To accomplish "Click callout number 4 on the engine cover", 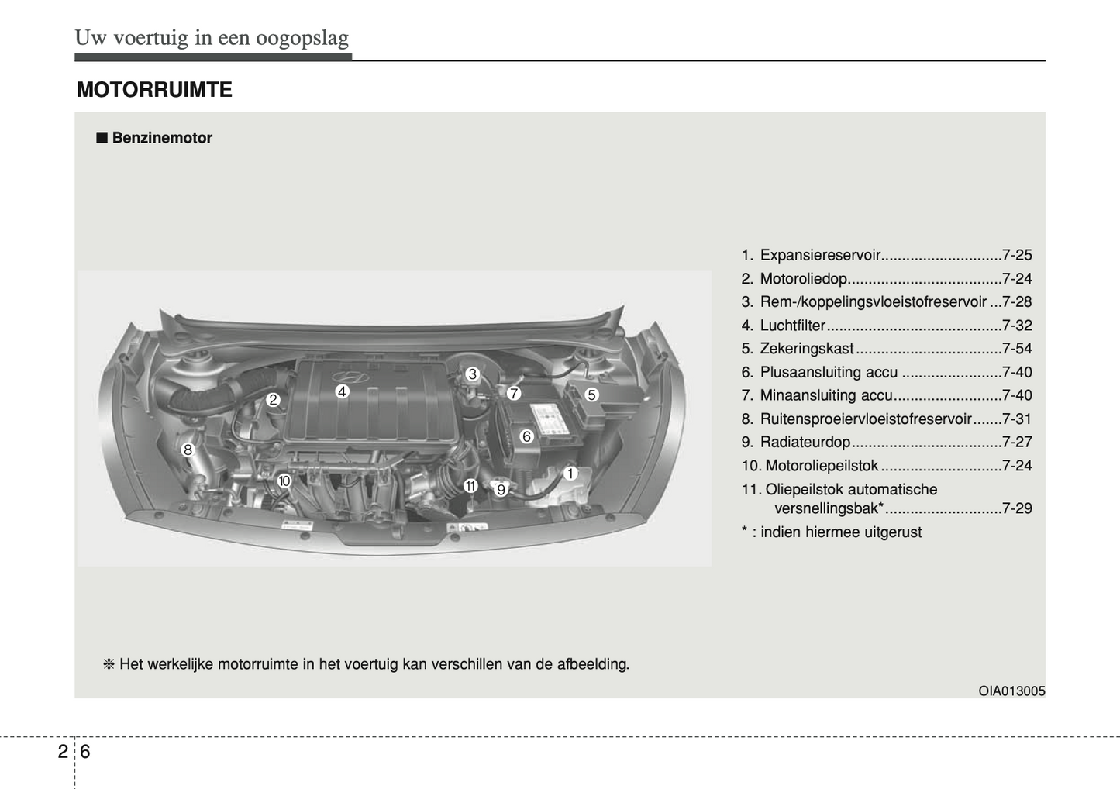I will point(342,391).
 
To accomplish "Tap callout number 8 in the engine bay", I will point(188,450).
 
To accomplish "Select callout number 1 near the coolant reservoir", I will point(570,474).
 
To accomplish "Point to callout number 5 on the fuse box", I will point(591,394).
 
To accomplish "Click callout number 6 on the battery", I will point(526,436).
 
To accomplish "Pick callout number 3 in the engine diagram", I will point(472,374).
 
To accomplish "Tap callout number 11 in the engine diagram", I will point(470,486).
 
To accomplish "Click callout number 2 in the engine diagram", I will point(273,400).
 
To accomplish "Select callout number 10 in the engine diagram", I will point(284,481).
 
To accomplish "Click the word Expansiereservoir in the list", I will point(819,255).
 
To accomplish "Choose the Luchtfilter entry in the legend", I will point(792,326).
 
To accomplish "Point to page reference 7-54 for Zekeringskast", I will point(1016,349).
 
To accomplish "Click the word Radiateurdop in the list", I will point(805,442).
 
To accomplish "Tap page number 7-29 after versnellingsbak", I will point(1016,508).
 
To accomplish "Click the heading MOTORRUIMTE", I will point(154,90).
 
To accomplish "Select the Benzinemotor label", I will point(162,138).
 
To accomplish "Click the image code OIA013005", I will point(1011,691).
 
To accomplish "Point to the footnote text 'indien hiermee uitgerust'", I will point(840,532).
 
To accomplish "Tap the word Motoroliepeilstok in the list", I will point(822,466).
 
